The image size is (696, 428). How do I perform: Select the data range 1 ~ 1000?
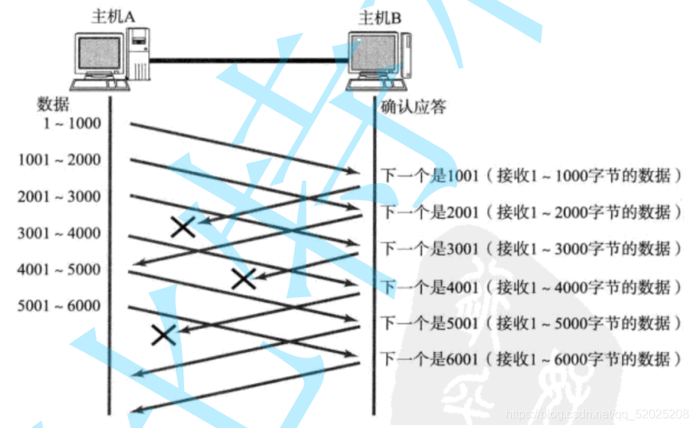click(71, 123)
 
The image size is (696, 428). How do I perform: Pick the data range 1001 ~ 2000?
click(59, 160)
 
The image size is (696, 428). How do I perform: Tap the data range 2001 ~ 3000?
click(59, 197)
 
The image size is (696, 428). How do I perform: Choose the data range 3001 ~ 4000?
click(59, 233)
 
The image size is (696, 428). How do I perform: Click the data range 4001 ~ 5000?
click(59, 269)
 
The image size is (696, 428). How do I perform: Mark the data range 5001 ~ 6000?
click(59, 306)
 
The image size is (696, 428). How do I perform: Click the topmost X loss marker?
click(183, 226)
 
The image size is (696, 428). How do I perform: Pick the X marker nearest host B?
click(243, 279)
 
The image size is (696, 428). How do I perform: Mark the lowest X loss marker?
click(163, 334)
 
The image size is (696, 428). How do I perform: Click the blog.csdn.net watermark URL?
click(598, 414)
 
